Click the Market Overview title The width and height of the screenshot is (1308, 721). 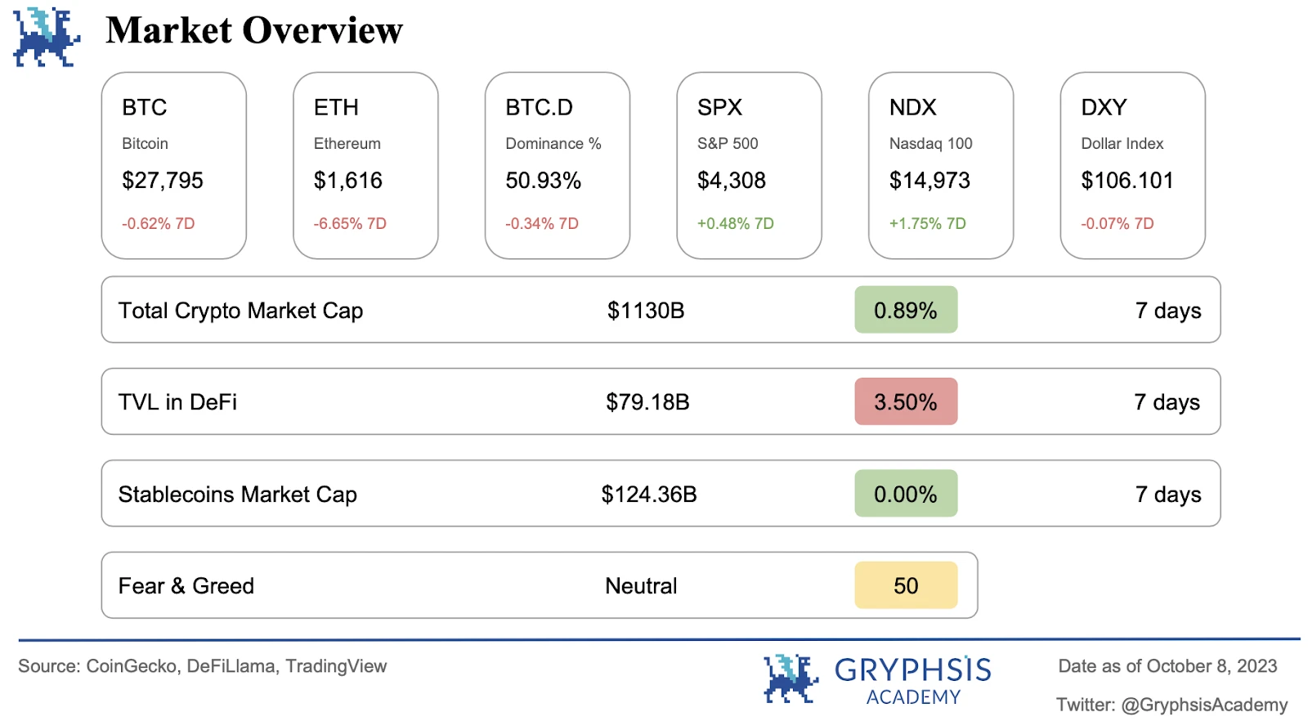(254, 31)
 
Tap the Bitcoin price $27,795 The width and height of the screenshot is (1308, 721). (163, 181)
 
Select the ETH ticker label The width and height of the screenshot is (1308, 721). (336, 108)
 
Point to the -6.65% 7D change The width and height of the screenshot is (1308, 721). (350, 224)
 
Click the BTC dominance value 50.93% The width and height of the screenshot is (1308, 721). (543, 181)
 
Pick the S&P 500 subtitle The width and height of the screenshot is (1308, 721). (728, 144)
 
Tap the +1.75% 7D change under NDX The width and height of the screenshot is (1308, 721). (927, 224)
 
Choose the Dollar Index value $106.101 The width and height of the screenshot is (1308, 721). (1127, 181)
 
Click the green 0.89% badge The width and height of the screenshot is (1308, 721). (906, 311)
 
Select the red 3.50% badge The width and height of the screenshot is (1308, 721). (906, 402)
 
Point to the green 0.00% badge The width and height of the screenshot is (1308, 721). (906, 495)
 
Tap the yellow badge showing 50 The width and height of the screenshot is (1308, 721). (906, 586)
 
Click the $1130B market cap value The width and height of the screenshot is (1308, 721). (646, 311)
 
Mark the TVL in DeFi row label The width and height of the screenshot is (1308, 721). (177, 402)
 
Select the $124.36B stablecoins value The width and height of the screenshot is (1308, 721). (649, 495)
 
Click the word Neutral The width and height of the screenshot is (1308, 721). (641, 586)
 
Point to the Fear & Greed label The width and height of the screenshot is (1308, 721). (186, 586)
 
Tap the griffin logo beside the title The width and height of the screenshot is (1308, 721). (46, 37)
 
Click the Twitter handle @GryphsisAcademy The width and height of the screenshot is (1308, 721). (1204, 705)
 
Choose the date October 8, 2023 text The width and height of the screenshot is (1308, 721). (1212, 666)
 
